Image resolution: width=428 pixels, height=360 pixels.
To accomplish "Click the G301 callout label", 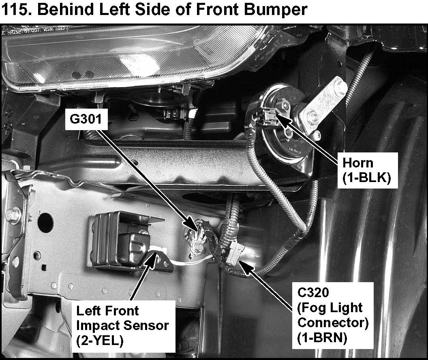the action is click(x=86, y=119).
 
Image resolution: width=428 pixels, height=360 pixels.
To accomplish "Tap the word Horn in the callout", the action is click(x=357, y=163).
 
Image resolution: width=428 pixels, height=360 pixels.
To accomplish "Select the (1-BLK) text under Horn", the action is click(x=366, y=178).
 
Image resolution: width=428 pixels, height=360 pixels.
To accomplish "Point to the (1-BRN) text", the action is click(x=322, y=338).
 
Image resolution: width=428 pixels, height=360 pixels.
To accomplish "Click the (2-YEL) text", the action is click(x=100, y=341).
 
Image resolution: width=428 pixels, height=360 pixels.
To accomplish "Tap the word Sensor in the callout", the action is click(x=146, y=325).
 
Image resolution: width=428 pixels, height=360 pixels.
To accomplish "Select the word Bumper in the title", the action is click(x=276, y=10).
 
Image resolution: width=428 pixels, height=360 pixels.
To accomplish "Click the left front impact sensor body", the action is click(x=123, y=240).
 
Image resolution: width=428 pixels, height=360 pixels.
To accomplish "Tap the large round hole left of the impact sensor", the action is click(x=45, y=223).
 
